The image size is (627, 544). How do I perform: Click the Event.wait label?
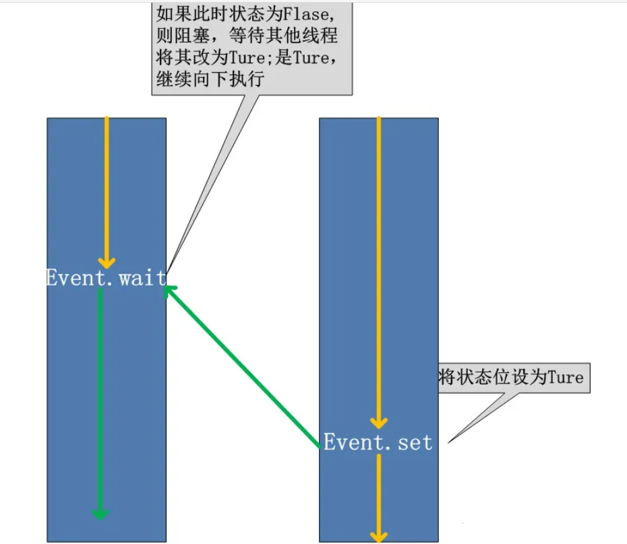coord(105,278)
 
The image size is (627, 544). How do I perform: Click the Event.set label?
coord(378,442)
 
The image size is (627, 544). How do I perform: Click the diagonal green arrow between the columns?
coord(243,367)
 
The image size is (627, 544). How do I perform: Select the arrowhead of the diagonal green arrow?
coord(171,291)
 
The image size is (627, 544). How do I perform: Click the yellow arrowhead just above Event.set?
coord(379,423)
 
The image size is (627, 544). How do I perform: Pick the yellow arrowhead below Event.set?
coord(379,536)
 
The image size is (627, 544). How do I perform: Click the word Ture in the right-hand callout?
coord(565,377)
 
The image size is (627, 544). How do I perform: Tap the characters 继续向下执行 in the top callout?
coord(210,79)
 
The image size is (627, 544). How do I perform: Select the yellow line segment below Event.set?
coord(379,491)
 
